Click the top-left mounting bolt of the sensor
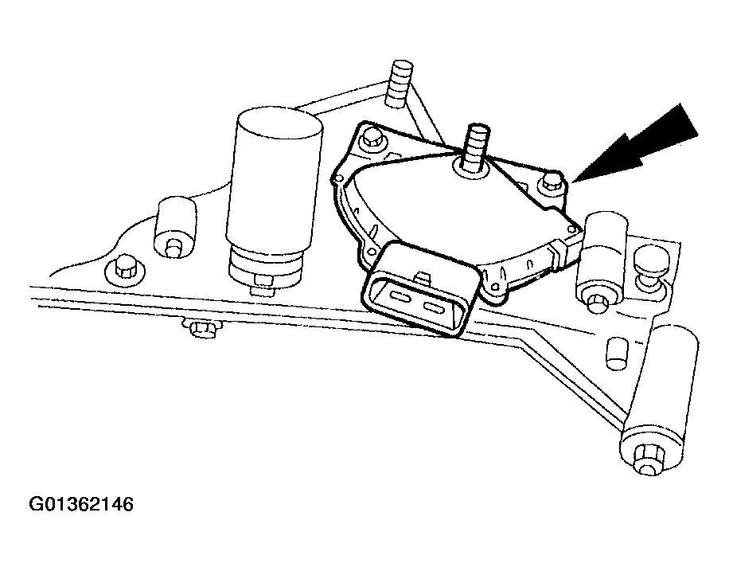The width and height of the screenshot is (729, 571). click(370, 142)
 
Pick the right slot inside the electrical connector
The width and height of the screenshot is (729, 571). click(438, 308)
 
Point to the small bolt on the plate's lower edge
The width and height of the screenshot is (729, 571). click(199, 327)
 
